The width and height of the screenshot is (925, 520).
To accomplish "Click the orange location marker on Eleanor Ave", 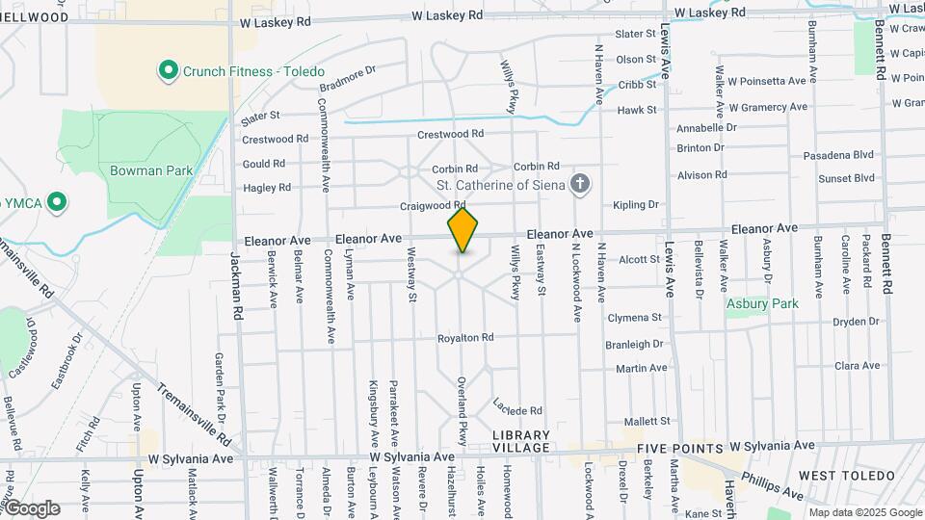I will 463,230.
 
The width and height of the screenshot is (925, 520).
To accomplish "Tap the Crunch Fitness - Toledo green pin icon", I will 169,70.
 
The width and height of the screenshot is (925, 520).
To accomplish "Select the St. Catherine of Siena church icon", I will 580,183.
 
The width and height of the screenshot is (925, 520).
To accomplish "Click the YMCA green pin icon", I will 57,202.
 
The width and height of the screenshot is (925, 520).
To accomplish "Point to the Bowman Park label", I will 151,170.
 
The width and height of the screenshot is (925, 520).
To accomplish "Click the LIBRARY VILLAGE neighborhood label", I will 521,441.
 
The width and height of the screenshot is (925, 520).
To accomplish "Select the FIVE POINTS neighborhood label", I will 680,449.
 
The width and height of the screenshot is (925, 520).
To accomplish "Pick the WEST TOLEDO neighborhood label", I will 835,477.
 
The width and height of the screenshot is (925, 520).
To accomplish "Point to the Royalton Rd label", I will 465,338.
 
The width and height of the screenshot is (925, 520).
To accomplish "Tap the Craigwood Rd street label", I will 434,206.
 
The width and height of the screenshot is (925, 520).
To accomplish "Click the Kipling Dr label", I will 636,205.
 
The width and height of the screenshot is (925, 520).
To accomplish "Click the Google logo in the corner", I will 32,507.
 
